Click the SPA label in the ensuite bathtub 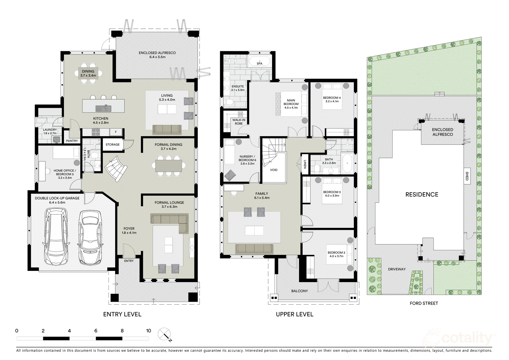click(260, 63)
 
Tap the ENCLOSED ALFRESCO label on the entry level click(157, 53)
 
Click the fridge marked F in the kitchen click(116, 132)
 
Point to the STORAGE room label click(113, 145)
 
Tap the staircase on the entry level click(116, 168)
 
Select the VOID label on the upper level click(274, 170)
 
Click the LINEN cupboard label click(305, 164)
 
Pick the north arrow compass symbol click(164, 335)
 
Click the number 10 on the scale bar click(148, 331)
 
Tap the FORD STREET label click(424, 303)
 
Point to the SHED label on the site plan click(467, 176)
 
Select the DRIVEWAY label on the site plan click(397, 269)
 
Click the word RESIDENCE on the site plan click(422, 194)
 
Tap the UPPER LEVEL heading click(295, 314)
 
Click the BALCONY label click(300, 291)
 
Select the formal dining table click(169, 166)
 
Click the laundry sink click(56, 139)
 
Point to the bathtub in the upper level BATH click(347, 163)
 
